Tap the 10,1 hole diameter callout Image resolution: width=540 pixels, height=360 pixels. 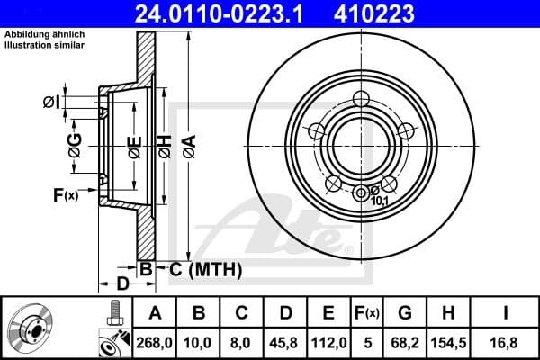[x=382, y=201]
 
